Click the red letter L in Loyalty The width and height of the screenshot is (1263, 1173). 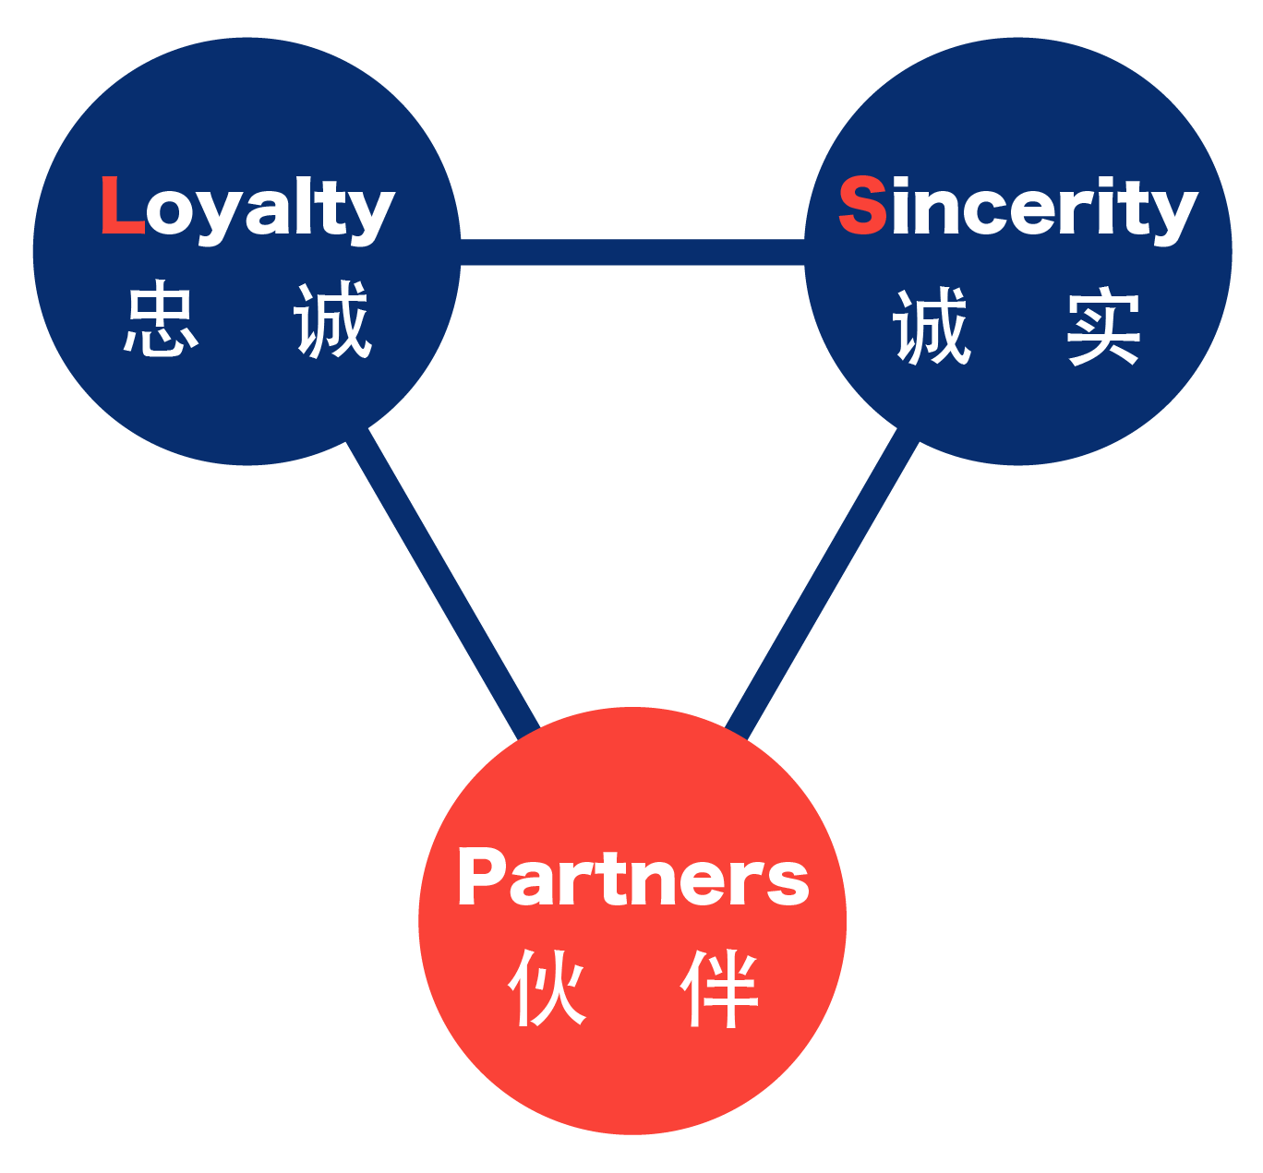point(121,205)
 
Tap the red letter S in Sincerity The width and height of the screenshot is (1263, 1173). point(861,205)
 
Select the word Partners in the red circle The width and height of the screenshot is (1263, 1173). point(632,878)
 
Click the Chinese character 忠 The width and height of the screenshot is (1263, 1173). point(161,321)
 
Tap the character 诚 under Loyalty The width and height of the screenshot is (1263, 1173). point(332,321)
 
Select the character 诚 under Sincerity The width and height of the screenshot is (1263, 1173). point(932,327)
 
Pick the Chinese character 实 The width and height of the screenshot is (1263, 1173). point(1103,329)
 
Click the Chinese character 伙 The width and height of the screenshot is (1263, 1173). point(547,988)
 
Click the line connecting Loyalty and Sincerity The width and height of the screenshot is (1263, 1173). point(632,252)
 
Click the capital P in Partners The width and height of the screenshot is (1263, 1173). point(480,876)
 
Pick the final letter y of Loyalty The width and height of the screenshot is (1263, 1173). point(373,215)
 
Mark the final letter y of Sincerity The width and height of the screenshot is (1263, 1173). point(1175,215)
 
